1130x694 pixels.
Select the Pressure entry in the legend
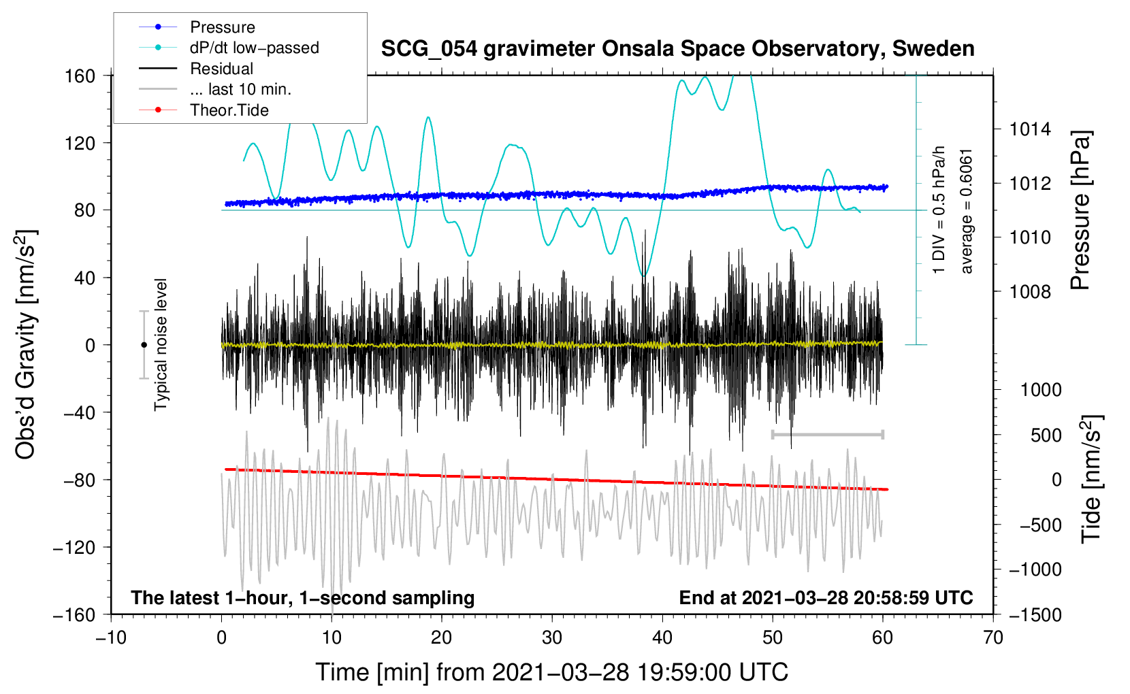click(x=223, y=27)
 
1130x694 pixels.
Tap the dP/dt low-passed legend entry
click(x=255, y=48)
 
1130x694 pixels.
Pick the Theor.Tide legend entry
click(x=229, y=110)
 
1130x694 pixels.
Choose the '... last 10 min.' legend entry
click(x=240, y=89)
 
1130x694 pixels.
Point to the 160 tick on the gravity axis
click(x=80, y=76)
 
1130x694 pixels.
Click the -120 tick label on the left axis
click(x=74, y=547)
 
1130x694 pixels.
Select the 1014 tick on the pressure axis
click(x=1030, y=130)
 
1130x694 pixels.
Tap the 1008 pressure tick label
click(x=1030, y=291)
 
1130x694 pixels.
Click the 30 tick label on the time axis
click(x=552, y=638)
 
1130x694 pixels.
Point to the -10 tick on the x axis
click(x=111, y=638)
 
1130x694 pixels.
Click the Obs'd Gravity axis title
click(x=26, y=344)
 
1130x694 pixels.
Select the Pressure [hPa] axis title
click(x=1080, y=210)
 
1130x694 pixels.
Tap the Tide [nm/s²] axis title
click(x=1092, y=479)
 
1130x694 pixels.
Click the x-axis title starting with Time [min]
click(x=551, y=672)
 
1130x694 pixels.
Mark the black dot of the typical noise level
click(x=144, y=345)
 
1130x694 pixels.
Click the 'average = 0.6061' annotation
click(x=965, y=212)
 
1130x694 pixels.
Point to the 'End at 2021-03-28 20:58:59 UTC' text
click(x=826, y=597)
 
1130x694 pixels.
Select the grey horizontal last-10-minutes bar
click(x=827, y=434)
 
